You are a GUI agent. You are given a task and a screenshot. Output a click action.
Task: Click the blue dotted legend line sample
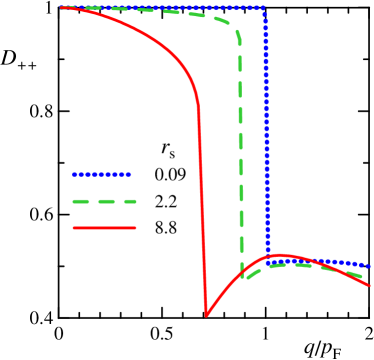pos(101,175)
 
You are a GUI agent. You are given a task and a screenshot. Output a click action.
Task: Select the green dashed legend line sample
pos(104,201)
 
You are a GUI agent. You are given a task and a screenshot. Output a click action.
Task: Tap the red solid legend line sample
pos(104,228)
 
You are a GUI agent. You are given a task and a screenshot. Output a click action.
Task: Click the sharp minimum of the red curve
pos(206,316)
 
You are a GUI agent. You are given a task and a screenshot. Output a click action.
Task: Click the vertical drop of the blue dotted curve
pos(266,130)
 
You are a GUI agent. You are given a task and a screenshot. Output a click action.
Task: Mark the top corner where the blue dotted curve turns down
pos(264,9)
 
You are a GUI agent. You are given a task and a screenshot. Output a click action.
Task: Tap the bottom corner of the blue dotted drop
pos(268,257)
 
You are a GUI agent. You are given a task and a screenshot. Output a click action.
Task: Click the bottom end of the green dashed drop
pos(243,276)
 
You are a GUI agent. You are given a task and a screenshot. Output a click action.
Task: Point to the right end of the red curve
pos(370,285)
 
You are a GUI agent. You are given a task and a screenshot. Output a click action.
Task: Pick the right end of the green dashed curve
pos(363,277)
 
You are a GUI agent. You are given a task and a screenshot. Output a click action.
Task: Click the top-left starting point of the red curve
pos(62,8)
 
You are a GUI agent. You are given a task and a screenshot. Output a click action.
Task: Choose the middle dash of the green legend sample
pos(104,201)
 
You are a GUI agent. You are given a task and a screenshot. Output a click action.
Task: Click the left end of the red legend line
pos(74,228)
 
